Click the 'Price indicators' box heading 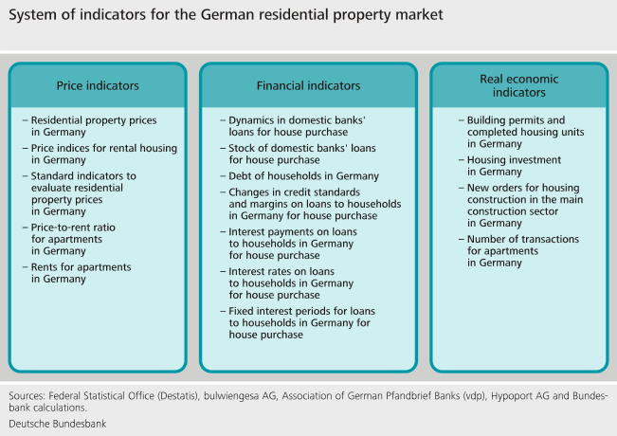coord(98,85)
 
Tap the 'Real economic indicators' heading coord(519,85)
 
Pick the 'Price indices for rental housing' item coord(102,154)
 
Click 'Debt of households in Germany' coord(303,176)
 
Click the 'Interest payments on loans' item coord(300,244)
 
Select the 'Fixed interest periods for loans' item coord(301,322)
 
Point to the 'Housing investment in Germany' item coord(508,166)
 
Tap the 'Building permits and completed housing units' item coord(527,132)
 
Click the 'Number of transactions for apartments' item coord(521,251)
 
